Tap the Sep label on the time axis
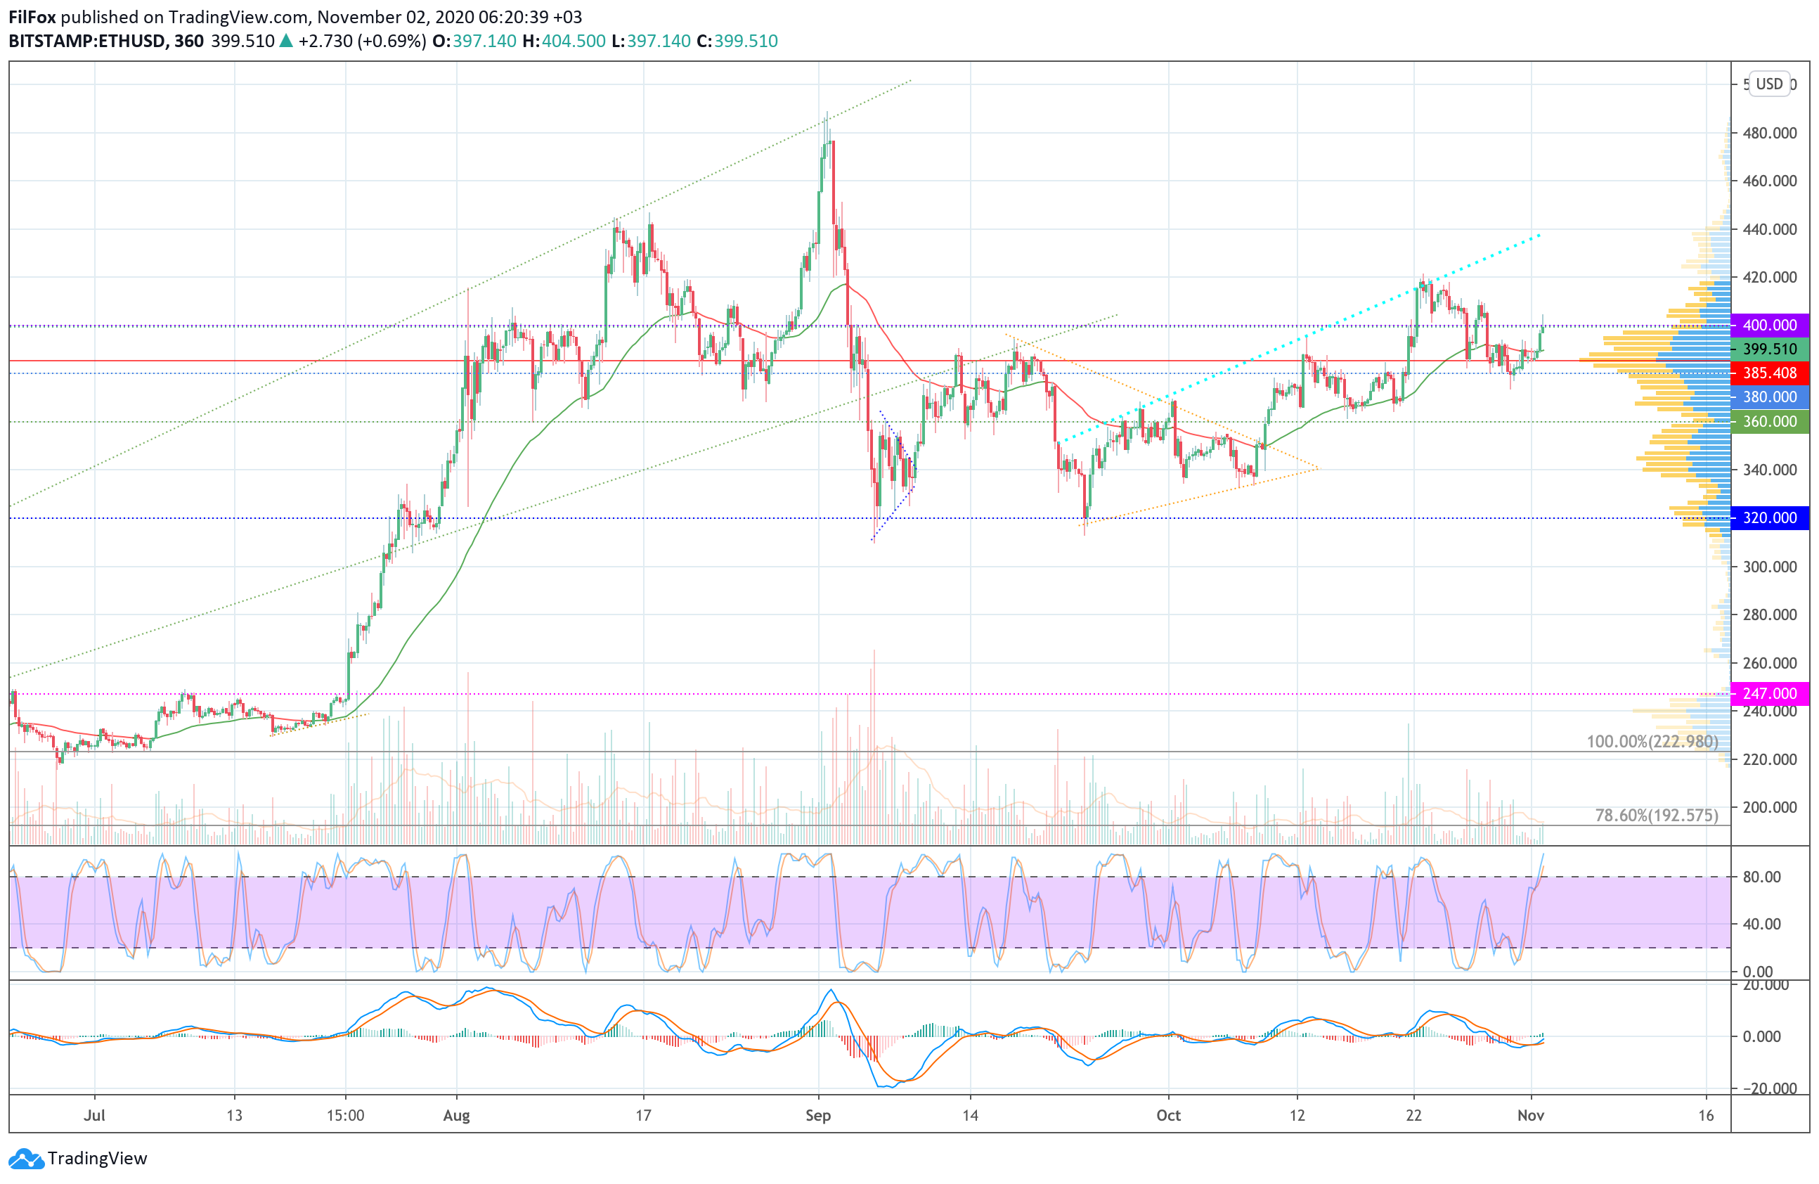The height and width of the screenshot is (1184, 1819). click(x=818, y=1115)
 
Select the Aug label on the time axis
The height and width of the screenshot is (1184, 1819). click(x=456, y=1115)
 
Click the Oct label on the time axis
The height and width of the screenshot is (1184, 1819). click(x=1168, y=1115)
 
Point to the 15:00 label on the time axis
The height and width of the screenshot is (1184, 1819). click(x=346, y=1115)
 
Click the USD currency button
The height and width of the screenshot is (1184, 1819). click(x=1768, y=84)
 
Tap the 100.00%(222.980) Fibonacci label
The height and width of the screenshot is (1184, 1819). click(x=1652, y=742)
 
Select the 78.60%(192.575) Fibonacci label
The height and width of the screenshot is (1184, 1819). click(x=1656, y=816)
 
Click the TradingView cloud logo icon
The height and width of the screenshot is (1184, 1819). click(x=27, y=1159)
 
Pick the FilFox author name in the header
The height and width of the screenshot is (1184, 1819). click(x=32, y=17)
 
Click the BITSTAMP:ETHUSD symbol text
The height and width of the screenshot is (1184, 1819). click(x=86, y=41)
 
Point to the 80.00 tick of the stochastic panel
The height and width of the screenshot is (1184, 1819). click(x=1761, y=877)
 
